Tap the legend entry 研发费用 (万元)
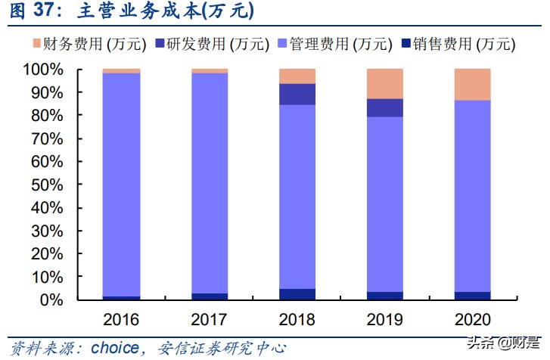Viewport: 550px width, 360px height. pyautogui.click(x=211, y=44)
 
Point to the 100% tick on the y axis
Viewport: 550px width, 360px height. pyautogui.click(x=48, y=70)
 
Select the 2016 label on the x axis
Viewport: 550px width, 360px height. pyautogui.click(x=121, y=318)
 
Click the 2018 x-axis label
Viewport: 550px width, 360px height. pyautogui.click(x=297, y=318)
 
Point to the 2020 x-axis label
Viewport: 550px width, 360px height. pyautogui.click(x=473, y=318)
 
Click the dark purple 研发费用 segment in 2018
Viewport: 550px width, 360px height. pyautogui.click(x=297, y=94)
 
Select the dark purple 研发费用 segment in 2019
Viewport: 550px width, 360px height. pyautogui.click(x=385, y=108)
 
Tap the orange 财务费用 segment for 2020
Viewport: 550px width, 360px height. pyautogui.click(x=473, y=84)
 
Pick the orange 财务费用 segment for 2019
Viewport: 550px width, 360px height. pyautogui.click(x=385, y=83)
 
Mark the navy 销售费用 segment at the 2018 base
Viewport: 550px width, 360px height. pyautogui.click(x=297, y=294)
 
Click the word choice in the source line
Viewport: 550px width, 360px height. pyautogui.click(x=114, y=348)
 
